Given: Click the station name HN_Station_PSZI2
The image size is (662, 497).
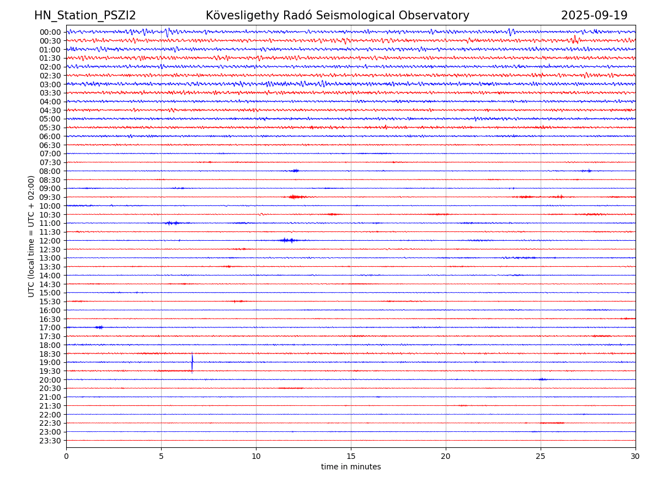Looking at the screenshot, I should (85, 15).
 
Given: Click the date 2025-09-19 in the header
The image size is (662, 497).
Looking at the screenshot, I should (594, 15).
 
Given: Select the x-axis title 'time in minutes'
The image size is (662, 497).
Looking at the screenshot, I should (351, 467).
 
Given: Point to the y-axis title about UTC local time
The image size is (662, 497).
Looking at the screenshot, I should (31, 236).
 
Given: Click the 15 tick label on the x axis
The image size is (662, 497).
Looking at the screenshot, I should (351, 457).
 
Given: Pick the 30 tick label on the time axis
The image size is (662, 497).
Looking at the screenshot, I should (636, 457).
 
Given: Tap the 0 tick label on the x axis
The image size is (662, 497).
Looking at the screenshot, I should (66, 457).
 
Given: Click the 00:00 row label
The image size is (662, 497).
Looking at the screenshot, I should (50, 32).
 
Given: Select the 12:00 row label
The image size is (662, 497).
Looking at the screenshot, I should (50, 241).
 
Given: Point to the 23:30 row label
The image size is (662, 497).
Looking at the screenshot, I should (50, 441).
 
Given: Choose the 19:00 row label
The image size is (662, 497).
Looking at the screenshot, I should (50, 362).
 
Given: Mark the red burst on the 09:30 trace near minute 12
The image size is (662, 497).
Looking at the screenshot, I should (296, 197).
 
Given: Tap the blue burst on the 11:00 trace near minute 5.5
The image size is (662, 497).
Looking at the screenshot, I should (172, 223).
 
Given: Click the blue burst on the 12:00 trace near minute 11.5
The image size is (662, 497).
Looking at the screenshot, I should (287, 240).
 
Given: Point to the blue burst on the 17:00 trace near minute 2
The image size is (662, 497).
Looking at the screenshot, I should (99, 327).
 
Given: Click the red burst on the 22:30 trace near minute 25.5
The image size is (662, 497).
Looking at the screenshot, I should (552, 423).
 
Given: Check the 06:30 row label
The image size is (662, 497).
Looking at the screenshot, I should (50, 145).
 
